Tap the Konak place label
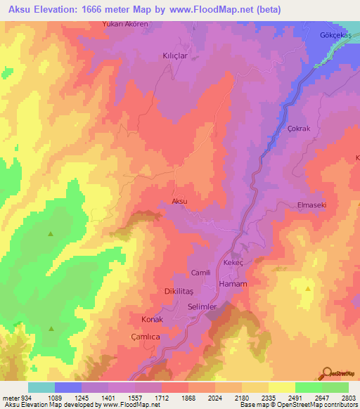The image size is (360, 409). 153,319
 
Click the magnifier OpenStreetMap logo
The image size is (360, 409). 328,372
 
